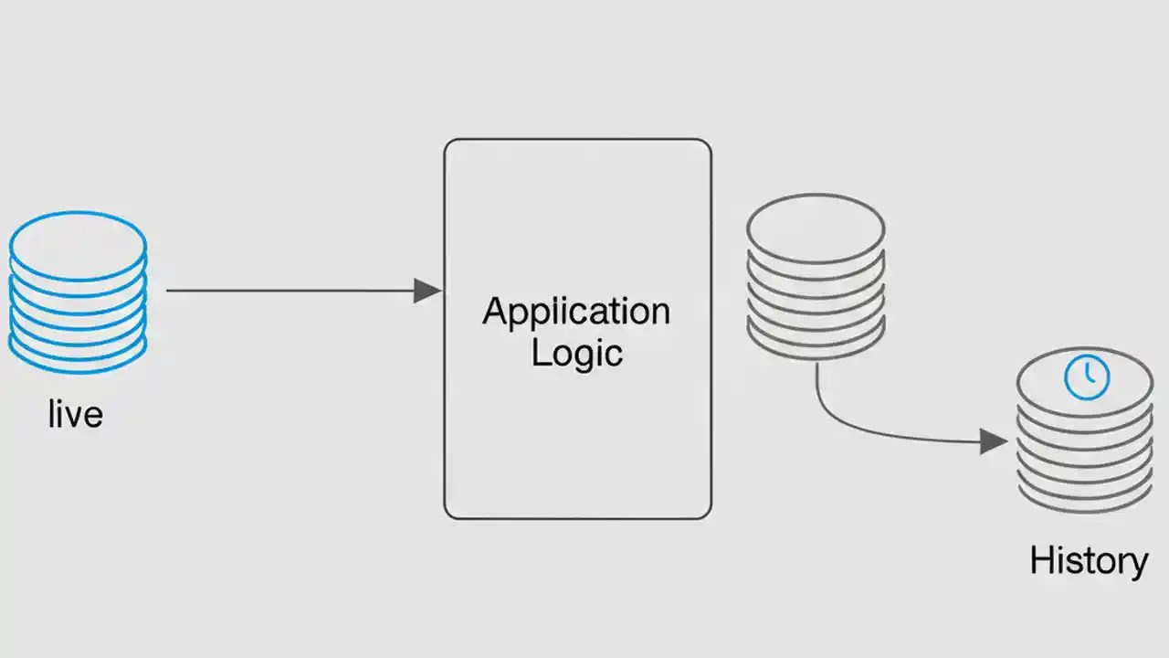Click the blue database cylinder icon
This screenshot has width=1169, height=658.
78,292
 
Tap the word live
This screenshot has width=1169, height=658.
75,415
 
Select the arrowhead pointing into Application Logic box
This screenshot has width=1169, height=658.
427,292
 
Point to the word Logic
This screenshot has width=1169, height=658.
576,353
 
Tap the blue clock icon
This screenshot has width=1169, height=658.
1087,377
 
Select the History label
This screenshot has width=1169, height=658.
1089,560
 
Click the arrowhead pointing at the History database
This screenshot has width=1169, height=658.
994,442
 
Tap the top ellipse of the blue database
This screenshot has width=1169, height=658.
78,245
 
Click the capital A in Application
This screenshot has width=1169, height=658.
494,312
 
